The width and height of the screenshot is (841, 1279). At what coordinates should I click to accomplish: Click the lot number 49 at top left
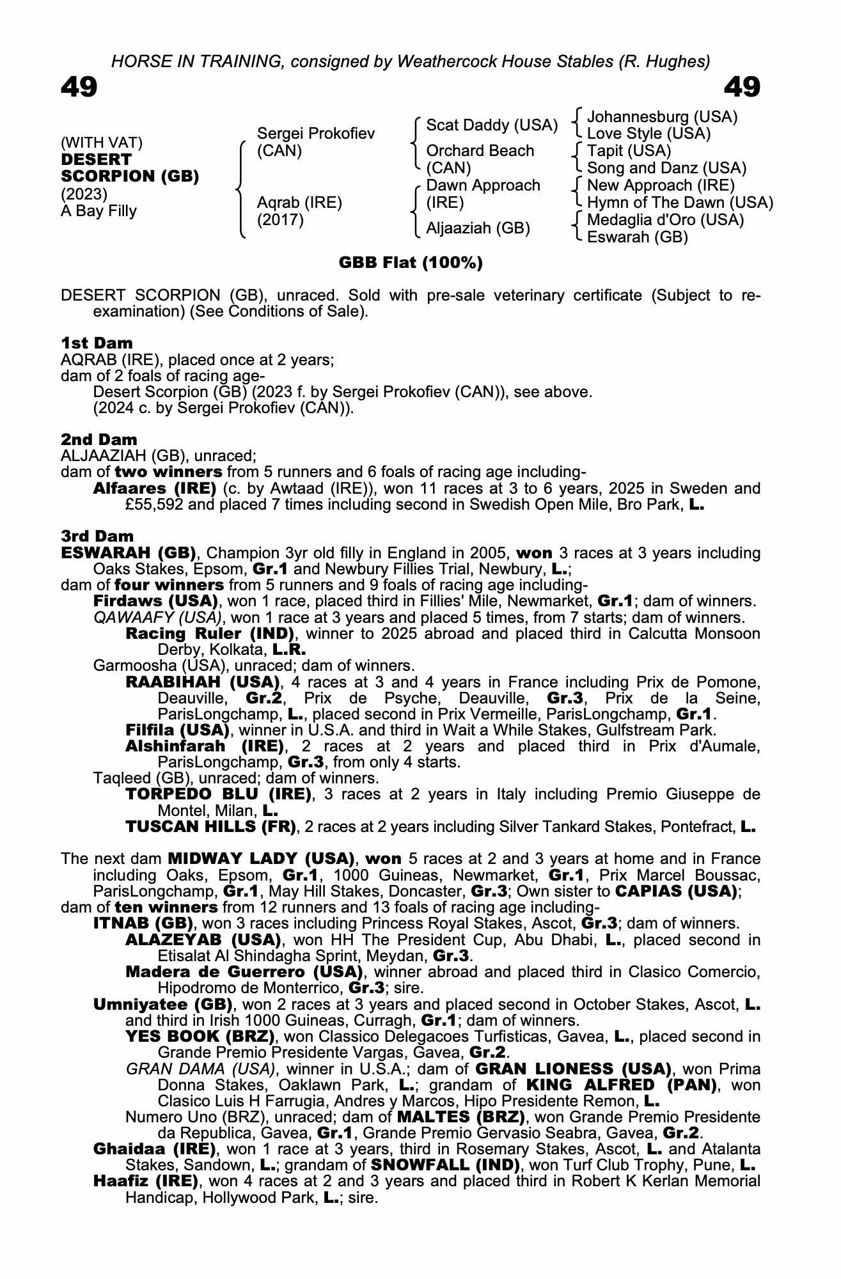79,87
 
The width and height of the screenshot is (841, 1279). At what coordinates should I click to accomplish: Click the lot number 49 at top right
742,87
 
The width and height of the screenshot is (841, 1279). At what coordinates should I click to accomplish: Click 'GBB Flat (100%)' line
411,263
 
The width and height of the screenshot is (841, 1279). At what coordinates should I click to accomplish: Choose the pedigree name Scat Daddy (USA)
492,125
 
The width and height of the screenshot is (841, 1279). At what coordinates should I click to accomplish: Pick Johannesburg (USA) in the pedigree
662,117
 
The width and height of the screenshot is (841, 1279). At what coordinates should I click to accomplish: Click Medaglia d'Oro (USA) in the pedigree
665,220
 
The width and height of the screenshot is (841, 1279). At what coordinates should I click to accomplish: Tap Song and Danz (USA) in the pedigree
666,168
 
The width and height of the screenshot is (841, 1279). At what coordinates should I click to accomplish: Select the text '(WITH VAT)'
102,143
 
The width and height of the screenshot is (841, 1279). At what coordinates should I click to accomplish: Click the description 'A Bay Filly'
99,211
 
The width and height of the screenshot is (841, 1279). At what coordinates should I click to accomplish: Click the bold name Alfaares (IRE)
155,489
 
